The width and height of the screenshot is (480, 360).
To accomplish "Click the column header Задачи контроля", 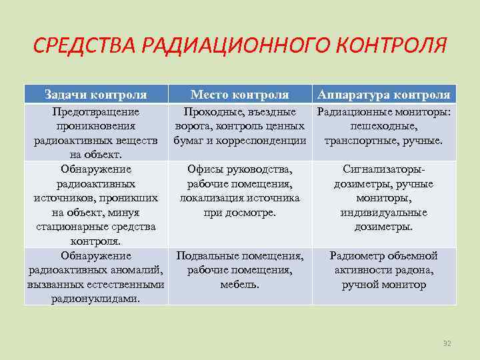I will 95,95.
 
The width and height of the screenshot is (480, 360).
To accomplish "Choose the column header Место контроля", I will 240,95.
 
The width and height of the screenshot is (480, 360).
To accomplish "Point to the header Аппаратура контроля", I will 384,95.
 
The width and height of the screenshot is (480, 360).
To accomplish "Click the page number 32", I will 447,343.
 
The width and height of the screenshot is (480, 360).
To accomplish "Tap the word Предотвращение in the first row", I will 95,112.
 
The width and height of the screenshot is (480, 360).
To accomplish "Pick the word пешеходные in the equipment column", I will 384,127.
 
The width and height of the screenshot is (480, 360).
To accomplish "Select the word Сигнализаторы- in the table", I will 384,169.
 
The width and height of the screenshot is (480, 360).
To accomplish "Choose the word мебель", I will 240,284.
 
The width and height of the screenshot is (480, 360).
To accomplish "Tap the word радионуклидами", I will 95,299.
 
